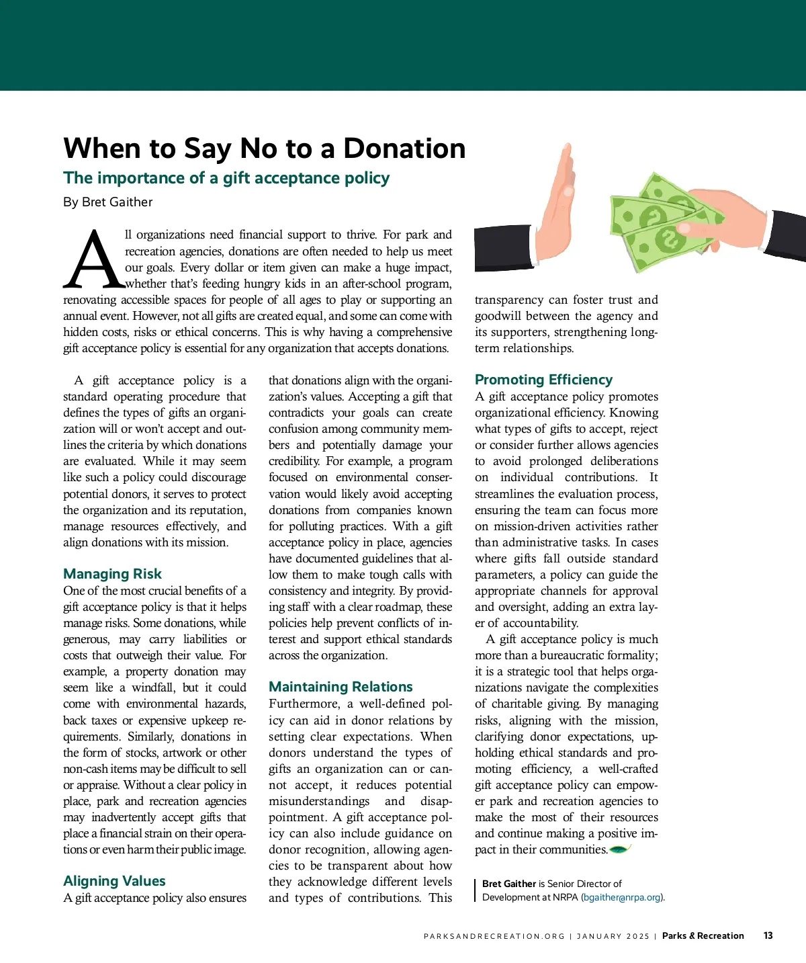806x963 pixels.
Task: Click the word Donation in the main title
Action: click(x=404, y=149)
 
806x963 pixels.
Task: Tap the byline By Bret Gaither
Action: click(x=107, y=202)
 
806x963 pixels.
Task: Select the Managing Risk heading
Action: click(x=112, y=574)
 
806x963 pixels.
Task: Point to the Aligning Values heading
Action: click(x=114, y=881)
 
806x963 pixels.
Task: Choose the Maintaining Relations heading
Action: click(x=341, y=687)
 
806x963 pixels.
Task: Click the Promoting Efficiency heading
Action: click(x=543, y=380)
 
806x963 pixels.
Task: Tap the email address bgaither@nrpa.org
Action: click(x=622, y=897)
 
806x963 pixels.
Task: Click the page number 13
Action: click(x=768, y=935)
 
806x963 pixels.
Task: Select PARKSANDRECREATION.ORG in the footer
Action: click(x=494, y=936)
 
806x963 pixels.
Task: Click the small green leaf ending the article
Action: click(x=619, y=849)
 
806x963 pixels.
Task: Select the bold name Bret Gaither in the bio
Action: click(x=508, y=884)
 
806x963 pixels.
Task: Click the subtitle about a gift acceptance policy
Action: click(x=226, y=178)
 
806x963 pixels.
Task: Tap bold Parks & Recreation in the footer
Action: click(x=703, y=935)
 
